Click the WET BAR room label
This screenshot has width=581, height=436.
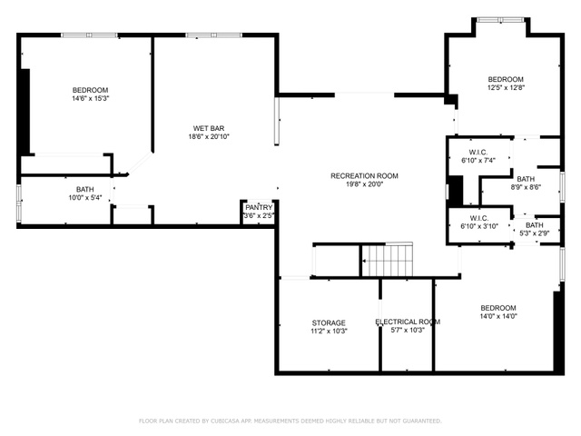pyautogui.click(x=209, y=128)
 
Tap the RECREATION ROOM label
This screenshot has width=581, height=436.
pyautogui.click(x=364, y=175)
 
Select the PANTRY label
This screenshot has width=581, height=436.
pyautogui.click(x=259, y=207)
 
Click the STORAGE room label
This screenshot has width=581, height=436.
pyautogui.click(x=329, y=323)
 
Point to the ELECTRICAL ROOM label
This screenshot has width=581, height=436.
pyautogui.click(x=408, y=322)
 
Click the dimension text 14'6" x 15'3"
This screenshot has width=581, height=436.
pyautogui.click(x=91, y=99)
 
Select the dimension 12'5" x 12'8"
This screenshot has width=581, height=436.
pyautogui.click(x=506, y=88)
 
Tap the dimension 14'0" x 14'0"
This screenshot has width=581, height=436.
pyautogui.click(x=498, y=316)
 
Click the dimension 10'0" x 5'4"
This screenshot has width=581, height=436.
pyautogui.click(x=84, y=198)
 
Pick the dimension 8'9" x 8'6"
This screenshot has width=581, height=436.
pyautogui.click(x=526, y=187)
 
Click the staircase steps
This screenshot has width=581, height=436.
pyautogui.click(x=388, y=261)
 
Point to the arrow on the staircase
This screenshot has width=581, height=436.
pyautogui.click(x=381, y=262)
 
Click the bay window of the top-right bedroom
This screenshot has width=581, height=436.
pyautogui.click(x=500, y=20)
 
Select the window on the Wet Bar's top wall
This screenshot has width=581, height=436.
pyautogui.click(x=214, y=35)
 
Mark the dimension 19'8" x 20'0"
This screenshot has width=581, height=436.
pyautogui.click(x=364, y=184)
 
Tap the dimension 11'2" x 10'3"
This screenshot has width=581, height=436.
pyautogui.click(x=329, y=331)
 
